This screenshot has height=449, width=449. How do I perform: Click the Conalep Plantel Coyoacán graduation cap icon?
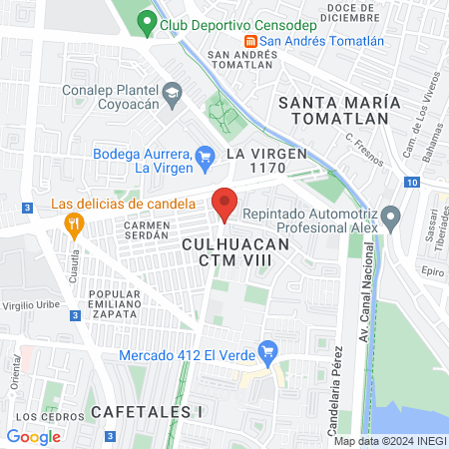pos(172,92)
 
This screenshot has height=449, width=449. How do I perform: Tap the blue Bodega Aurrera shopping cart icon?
pos(206,155)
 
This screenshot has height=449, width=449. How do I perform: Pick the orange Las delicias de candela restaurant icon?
pos(72,224)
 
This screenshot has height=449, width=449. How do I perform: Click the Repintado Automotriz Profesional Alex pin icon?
pos(391,216)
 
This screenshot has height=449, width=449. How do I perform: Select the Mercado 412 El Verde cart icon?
pos(265,351)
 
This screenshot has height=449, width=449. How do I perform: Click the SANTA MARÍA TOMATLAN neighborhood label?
pos(339,111)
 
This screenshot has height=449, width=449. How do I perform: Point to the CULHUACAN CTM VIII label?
pos(235,251)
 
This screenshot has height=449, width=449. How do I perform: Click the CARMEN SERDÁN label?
pos(148,231)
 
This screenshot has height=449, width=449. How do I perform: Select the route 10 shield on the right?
pos(412,182)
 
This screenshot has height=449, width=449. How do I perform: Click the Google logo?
pos(33,436)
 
